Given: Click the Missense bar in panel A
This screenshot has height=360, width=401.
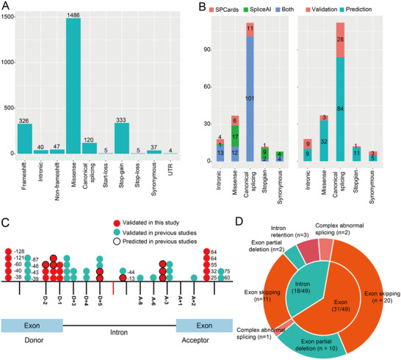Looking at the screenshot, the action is [x=73, y=86].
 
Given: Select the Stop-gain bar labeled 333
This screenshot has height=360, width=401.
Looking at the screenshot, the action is [x=122, y=138].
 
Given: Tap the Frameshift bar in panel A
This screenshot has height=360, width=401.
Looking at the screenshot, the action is [x=25, y=139].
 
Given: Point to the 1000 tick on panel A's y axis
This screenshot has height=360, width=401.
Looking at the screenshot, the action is [x=8, y=62].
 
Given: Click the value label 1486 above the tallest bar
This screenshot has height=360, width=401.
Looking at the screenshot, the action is [x=73, y=15].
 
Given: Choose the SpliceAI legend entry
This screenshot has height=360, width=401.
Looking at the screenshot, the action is [x=257, y=10].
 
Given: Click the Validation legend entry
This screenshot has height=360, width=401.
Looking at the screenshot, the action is [x=322, y=10].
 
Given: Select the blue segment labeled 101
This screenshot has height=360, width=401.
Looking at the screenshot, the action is [x=250, y=98].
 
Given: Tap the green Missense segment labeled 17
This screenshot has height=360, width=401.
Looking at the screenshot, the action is [x=235, y=136].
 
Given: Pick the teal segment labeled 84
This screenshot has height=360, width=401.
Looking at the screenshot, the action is [x=340, y=109].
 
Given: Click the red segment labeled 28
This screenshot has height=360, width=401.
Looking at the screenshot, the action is [x=340, y=40].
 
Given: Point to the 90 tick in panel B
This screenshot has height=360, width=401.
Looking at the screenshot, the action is [x=207, y=50].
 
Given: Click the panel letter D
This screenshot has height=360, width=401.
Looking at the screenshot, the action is [x=239, y=222].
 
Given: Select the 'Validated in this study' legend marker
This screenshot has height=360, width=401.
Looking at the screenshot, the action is [x=117, y=223].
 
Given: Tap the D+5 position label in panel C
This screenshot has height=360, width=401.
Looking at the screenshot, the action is [x=100, y=300].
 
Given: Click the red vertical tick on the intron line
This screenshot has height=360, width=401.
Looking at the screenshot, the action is [x=113, y=288].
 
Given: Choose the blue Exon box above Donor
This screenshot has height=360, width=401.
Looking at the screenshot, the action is [x=32, y=325].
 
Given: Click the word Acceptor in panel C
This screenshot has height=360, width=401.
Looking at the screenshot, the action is [x=195, y=340].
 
